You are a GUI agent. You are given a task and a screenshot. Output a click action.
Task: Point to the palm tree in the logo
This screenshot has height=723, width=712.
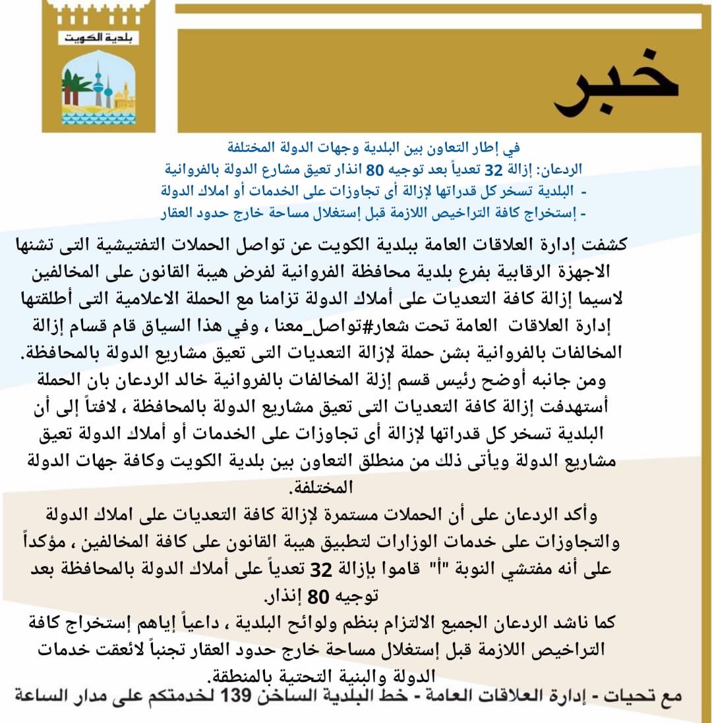(x=76, y=86)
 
